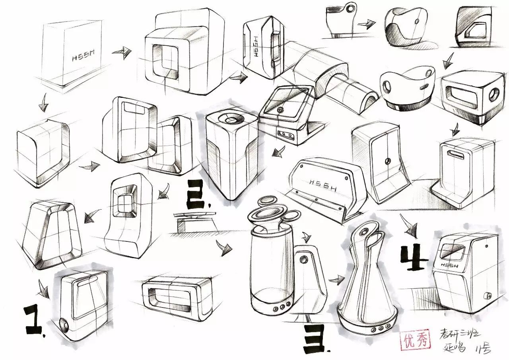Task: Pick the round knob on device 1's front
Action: tap(63, 325)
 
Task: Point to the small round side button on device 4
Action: tap(486, 296)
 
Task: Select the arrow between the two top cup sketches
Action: tap(366, 23)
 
